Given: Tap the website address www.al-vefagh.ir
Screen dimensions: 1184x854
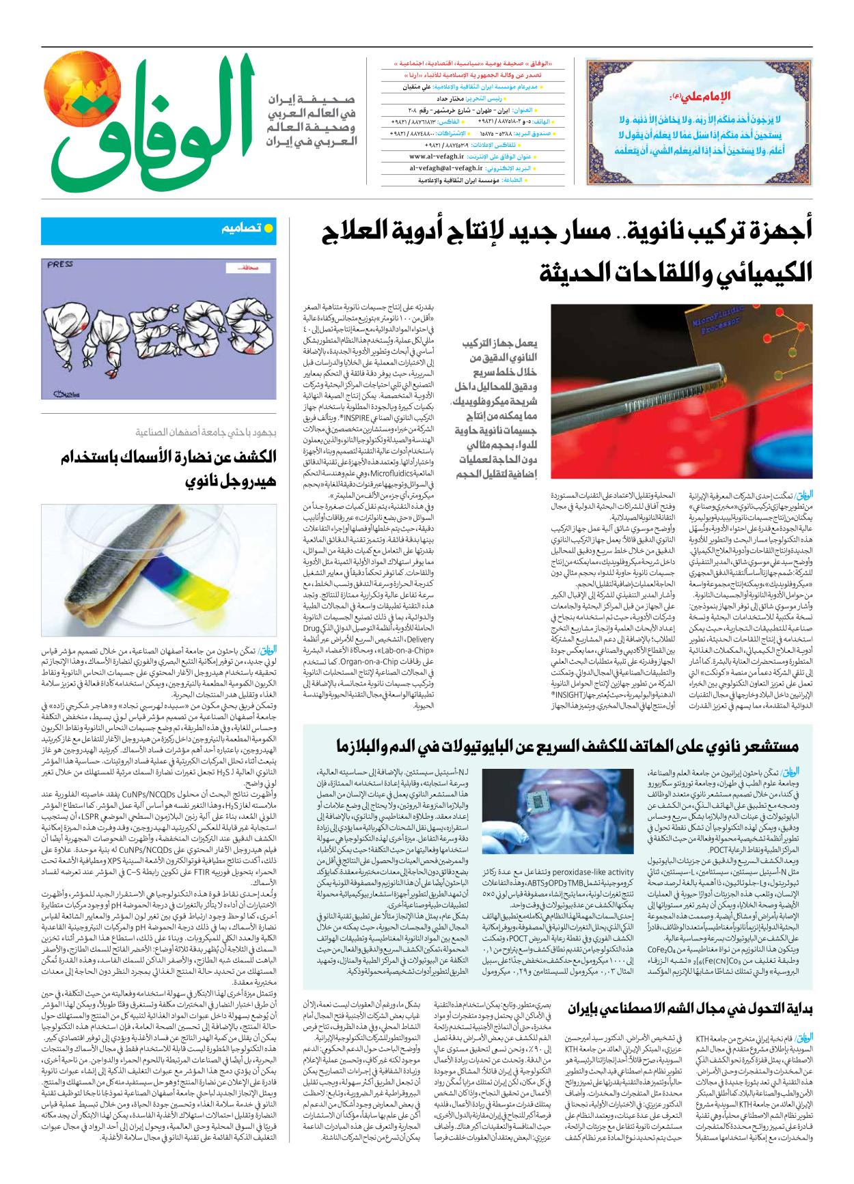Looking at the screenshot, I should tap(437, 157).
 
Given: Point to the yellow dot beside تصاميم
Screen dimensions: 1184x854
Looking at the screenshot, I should tap(268, 229).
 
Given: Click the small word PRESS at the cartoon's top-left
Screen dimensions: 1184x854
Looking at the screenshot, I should tap(60, 264).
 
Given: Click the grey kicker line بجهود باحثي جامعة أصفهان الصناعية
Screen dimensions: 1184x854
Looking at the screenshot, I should tap(205, 432).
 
